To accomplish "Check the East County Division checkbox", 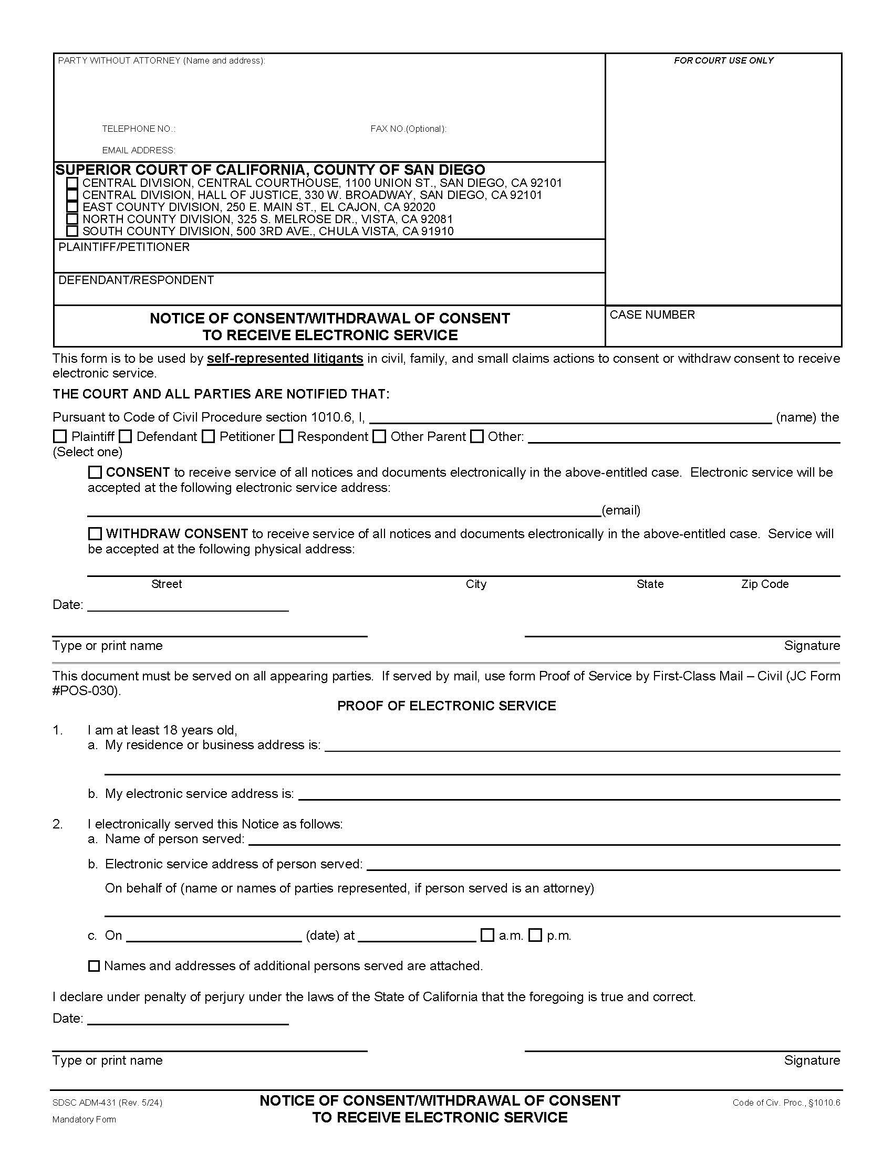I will click(x=72, y=207).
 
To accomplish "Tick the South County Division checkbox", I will click(x=72, y=231).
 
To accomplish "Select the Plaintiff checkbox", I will click(x=60, y=436).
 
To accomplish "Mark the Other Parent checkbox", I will click(x=379, y=436).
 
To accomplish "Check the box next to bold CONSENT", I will click(x=95, y=472).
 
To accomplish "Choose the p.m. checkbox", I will click(x=535, y=935).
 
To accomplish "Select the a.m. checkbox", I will click(x=487, y=935).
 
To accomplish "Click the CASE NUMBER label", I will click(x=652, y=314).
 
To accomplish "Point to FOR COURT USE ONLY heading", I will click(x=723, y=60).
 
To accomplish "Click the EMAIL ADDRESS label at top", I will click(x=139, y=150).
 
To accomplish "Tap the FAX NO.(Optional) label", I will click(x=408, y=129).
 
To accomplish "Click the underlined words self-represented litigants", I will click(x=285, y=359).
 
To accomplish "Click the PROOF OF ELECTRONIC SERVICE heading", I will click(x=446, y=706).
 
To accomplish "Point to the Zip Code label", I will click(x=764, y=584).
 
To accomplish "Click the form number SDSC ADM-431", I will click(x=107, y=1102).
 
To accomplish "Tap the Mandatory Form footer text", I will click(x=84, y=1119).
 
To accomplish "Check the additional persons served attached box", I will click(x=94, y=965).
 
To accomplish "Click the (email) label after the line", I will click(x=620, y=510).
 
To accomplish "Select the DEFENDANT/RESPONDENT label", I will click(x=136, y=280).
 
